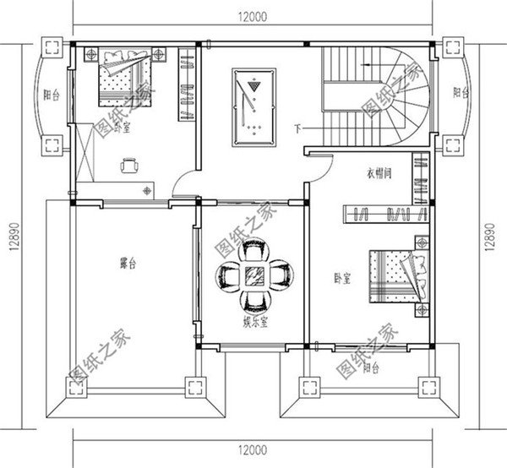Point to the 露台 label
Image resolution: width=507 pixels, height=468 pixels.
(x=128, y=264)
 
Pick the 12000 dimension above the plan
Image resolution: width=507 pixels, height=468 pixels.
(x=253, y=16)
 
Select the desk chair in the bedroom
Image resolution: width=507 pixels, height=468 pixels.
(x=128, y=166)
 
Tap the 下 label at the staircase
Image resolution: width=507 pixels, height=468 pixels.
(x=297, y=128)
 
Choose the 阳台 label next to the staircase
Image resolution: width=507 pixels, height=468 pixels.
(x=457, y=93)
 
